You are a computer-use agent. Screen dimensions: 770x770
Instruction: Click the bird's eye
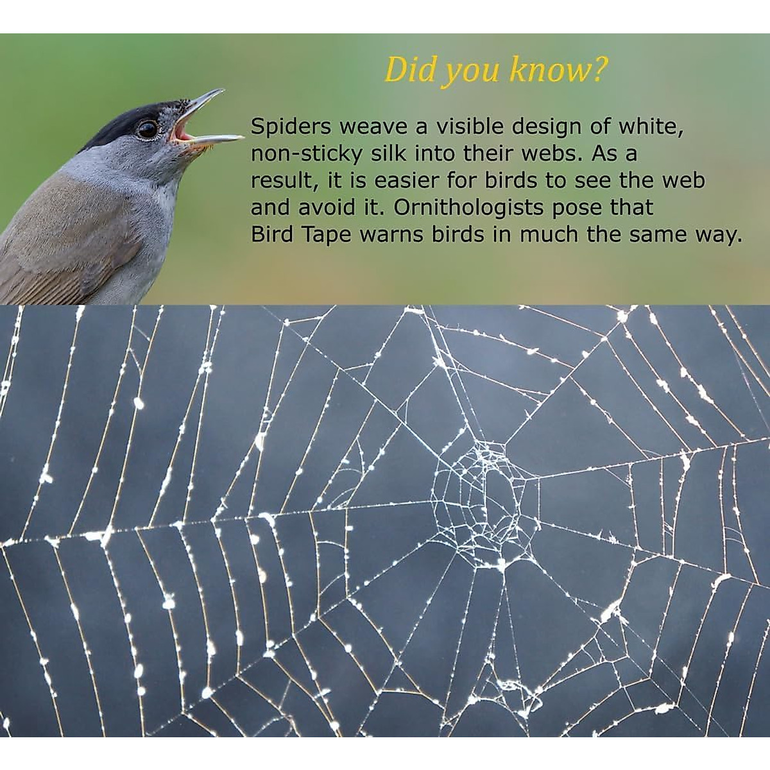[x=148, y=129]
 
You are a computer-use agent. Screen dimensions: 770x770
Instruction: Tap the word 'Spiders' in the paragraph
[x=291, y=127]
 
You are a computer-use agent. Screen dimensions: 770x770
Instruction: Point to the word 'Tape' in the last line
[x=326, y=235]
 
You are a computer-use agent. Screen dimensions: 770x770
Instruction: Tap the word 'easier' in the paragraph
[x=406, y=181]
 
